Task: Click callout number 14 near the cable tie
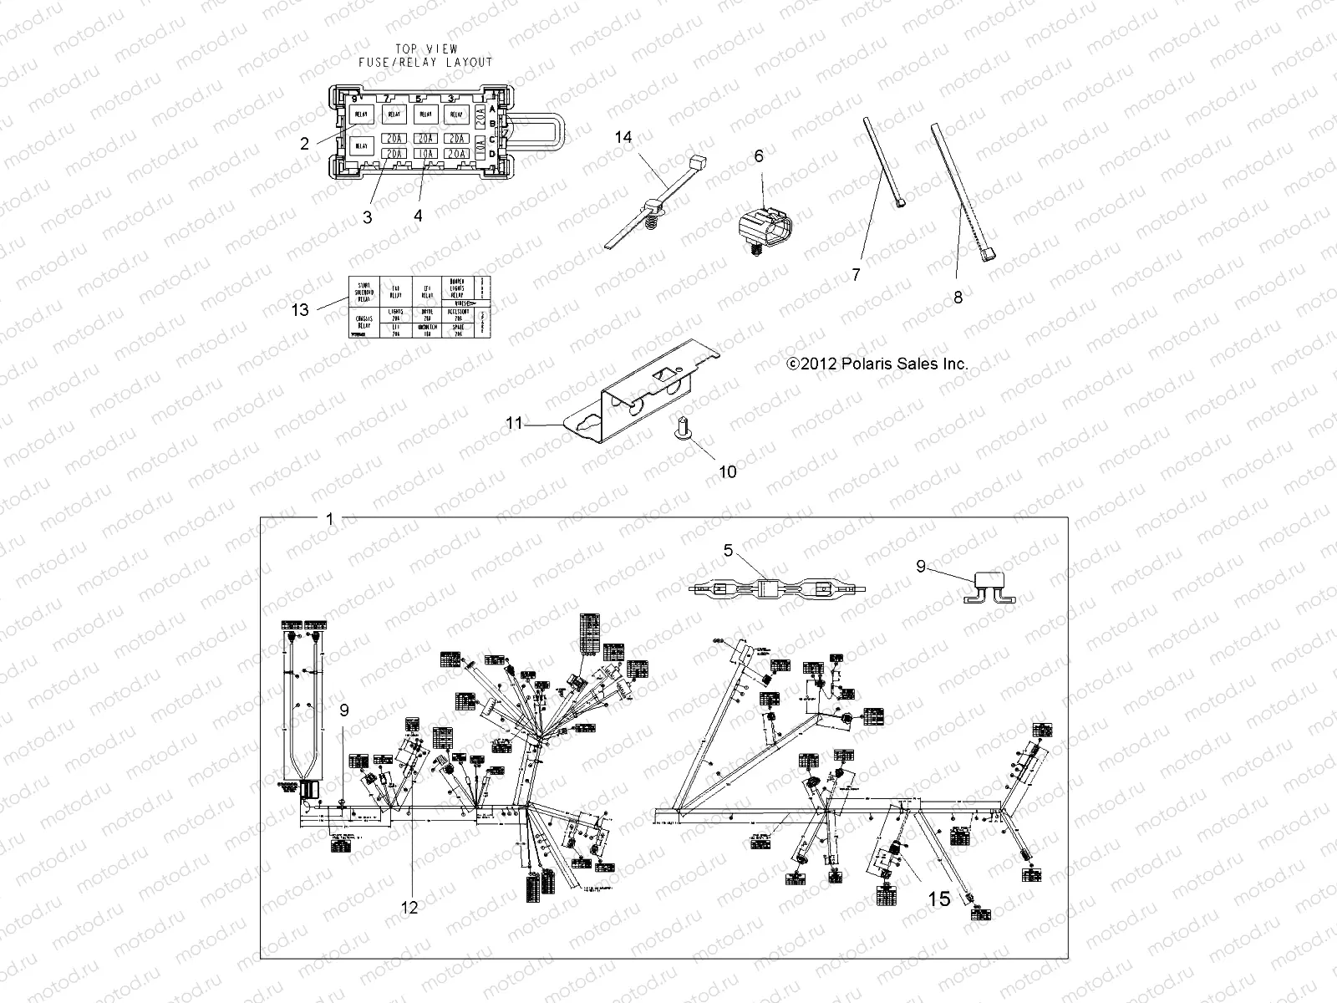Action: pyautogui.click(x=623, y=137)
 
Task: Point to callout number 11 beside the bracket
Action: pyautogui.click(x=514, y=424)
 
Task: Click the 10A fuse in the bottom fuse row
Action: pyautogui.click(x=425, y=154)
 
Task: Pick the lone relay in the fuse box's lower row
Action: pyautogui.click(x=362, y=145)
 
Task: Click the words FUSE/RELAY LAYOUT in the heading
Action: pyautogui.click(x=425, y=63)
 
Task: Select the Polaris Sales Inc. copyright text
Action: pyautogui.click(x=877, y=364)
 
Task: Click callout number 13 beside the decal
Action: pyautogui.click(x=300, y=310)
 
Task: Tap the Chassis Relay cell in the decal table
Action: pyautogui.click(x=363, y=323)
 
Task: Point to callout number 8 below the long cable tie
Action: pyautogui.click(x=958, y=297)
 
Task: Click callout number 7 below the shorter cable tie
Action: pyautogui.click(x=856, y=274)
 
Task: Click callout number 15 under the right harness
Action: pyautogui.click(x=939, y=899)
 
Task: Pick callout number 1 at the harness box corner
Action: pyautogui.click(x=329, y=519)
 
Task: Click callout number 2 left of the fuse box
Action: pyautogui.click(x=305, y=143)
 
